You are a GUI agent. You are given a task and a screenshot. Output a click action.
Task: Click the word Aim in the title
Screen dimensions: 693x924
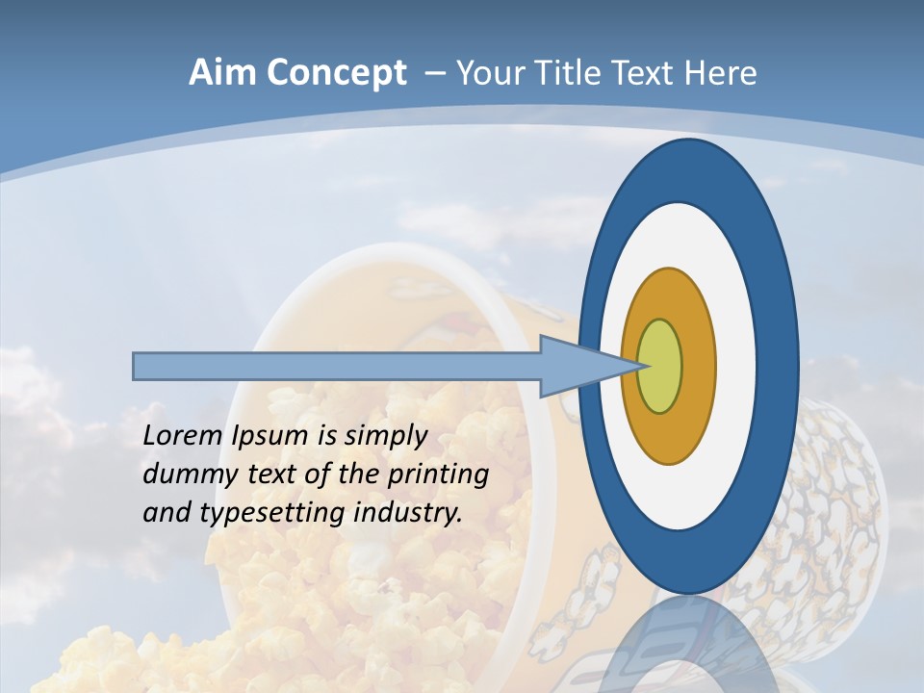(218, 73)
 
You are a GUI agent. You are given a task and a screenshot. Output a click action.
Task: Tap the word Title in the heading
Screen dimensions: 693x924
(572, 73)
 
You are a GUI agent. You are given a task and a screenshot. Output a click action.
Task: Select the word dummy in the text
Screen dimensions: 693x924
(181, 475)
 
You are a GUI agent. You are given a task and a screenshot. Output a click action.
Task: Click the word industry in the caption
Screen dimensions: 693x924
(408, 513)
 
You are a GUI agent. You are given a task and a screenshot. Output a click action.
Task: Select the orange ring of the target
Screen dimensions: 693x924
(698, 366)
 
